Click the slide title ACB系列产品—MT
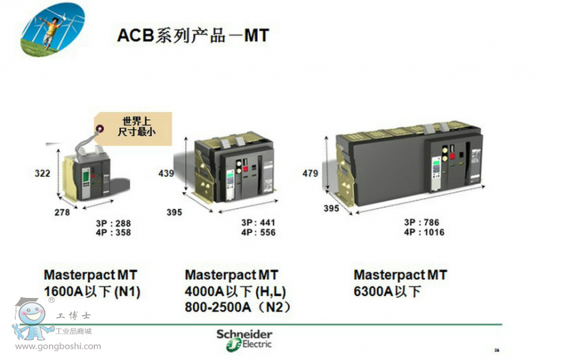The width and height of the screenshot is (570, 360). [x=193, y=35]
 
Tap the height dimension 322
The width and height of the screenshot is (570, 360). [x=43, y=173]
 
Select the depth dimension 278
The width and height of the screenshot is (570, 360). [x=62, y=212]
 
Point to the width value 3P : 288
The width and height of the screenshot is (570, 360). [x=113, y=223]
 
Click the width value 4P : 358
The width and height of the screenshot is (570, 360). [x=113, y=232]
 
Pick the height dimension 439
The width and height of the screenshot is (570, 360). [x=166, y=173]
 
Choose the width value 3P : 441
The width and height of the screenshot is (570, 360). [x=258, y=222]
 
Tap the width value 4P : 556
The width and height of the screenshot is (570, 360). [x=258, y=232]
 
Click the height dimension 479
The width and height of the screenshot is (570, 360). [x=311, y=173]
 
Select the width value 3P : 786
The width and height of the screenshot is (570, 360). [x=421, y=222]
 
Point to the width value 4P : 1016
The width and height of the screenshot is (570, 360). [x=424, y=232]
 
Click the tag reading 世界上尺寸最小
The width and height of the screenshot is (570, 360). [x=133, y=128]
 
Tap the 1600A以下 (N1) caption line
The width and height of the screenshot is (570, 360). [x=93, y=292]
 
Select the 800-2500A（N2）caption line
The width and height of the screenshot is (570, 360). [x=238, y=308]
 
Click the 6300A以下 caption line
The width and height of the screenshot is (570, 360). [x=388, y=292]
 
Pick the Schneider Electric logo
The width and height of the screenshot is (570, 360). [x=244, y=340]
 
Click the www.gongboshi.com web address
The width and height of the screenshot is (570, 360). [x=58, y=346]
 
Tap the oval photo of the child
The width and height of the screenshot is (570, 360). [x=53, y=29]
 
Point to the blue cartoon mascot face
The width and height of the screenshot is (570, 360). [x=32, y=314]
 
